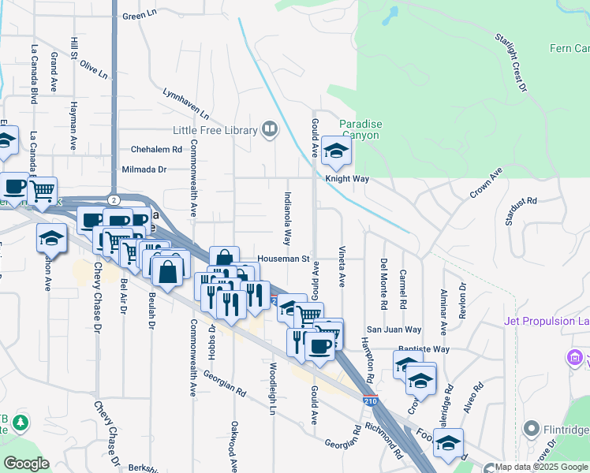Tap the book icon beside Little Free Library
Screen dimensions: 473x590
[x=270, y=129]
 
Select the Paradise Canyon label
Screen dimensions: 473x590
[x=360, y=129]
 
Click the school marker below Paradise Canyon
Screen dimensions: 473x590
[x=337, y=153]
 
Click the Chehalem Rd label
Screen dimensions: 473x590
[x=156, y=148]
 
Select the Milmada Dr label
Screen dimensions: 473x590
[x=144, y=169]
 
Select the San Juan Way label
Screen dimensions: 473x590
[x=394, y=330]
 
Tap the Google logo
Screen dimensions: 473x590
[x=26, y=464]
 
